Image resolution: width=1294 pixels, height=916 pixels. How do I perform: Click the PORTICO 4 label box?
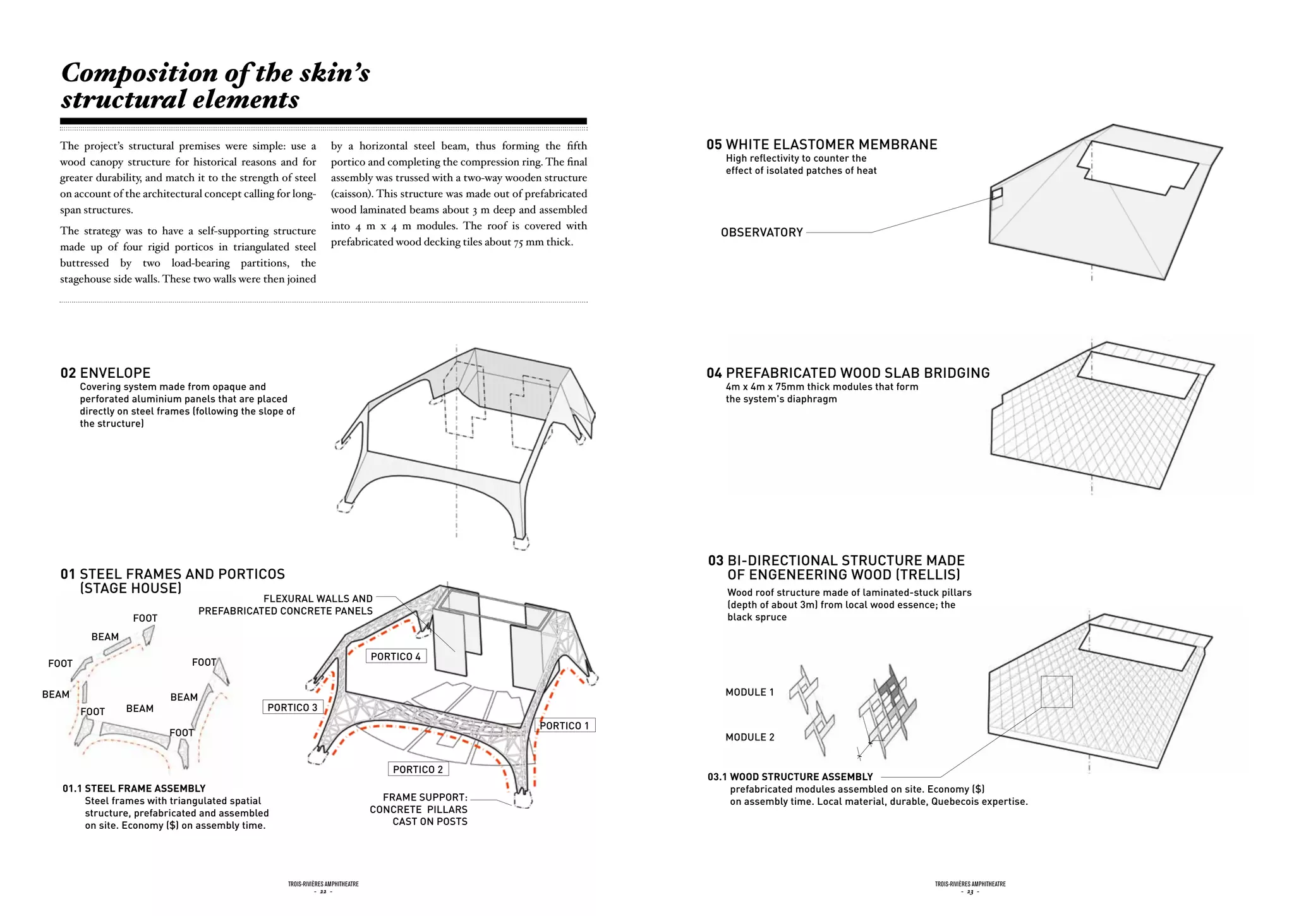(396, 656)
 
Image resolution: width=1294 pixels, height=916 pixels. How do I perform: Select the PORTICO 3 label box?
(293, 708)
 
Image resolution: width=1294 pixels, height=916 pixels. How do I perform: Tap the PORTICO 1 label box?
(565, 726)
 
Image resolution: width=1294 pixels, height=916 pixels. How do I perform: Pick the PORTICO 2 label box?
(418, 769)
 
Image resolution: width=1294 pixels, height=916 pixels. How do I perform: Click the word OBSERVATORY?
(762, 232)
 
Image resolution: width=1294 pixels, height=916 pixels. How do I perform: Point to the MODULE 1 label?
(749, 692)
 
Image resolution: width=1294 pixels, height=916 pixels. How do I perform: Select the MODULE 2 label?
(750, 737)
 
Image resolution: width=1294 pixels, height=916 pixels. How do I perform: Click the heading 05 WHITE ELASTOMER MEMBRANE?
(821, 145)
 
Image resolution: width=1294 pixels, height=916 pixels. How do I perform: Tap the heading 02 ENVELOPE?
(106, 373)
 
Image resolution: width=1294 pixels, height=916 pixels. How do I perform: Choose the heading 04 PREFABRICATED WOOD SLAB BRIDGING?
(848, 373)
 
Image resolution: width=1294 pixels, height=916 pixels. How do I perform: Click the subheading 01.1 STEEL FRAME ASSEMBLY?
(134, 788)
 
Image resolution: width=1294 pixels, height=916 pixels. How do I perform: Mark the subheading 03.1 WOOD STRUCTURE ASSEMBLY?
(790, 777)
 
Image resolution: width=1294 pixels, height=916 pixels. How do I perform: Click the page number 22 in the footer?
(323, 892)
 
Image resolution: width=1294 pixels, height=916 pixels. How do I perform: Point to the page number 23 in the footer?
(970, 892)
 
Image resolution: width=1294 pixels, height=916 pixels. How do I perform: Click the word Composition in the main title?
(140, 73)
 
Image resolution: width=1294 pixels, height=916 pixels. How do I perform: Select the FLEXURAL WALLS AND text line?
(318, 599)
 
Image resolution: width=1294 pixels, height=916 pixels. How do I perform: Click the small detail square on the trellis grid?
(1056, 692)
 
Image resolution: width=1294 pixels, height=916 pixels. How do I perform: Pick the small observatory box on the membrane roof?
(996, 193)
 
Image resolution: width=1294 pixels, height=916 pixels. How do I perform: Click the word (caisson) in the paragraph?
(351, 194)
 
